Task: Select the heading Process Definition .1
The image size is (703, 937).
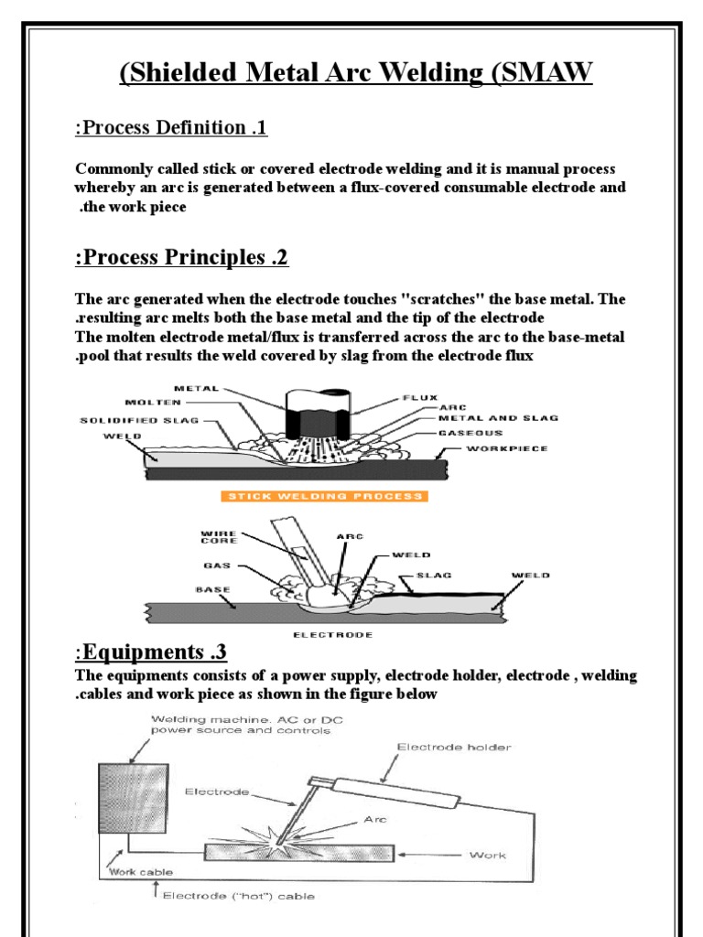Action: [x=170, y=127]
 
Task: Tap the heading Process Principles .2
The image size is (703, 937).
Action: [x=181, y=258]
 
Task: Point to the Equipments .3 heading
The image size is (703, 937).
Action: [x=150, y=652]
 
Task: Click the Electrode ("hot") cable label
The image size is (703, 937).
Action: [x=237, y=897]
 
